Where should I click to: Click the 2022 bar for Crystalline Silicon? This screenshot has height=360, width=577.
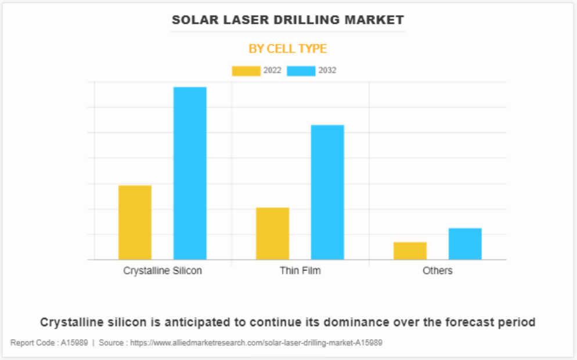point(135,222)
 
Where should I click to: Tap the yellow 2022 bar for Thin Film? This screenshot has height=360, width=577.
point(272,233)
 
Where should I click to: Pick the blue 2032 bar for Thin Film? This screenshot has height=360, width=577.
point(327,192)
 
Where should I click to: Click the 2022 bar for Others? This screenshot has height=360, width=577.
point(410,251)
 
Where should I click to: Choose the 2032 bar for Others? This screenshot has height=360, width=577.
point(465,244)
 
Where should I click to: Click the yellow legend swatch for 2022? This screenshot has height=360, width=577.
point(246,71)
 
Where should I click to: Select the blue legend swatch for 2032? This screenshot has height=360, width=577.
point(301,71)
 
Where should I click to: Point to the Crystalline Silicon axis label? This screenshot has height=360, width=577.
point(163,271)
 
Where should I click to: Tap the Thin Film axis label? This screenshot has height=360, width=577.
point(300,271)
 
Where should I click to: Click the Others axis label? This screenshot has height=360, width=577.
point(437,271)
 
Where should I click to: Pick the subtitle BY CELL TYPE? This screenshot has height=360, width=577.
point(288,49)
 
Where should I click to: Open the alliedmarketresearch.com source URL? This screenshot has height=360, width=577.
point(256,343)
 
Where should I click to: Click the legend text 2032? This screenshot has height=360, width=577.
point(327,71)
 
